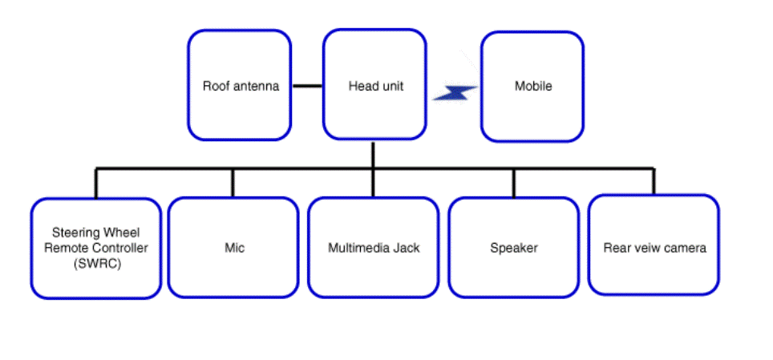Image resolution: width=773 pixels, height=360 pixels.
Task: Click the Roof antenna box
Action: [240, 85]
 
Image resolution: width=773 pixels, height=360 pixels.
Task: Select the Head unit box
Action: [374, 84]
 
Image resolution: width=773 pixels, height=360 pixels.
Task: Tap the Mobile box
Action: [532, 87]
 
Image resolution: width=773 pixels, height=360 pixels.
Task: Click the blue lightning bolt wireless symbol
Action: [455, 93]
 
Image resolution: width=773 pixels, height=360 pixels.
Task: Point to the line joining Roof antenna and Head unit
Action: [308, 86]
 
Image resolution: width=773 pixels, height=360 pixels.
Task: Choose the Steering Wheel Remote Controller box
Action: [96, 249]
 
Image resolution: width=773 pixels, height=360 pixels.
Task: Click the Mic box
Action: [233, 248]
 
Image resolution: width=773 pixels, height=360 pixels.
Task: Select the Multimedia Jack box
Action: [373, 248]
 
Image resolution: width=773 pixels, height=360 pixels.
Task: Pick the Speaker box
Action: [514, 248]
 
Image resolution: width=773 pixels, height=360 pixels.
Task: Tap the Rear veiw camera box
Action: [654, 245]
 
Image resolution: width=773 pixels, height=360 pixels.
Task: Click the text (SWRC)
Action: [96, 264]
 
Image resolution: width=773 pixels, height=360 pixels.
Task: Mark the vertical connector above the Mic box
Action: [233, 183]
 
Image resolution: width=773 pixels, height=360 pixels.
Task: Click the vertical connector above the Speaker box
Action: [514, 183]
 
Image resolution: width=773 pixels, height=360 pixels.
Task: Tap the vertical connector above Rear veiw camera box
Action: [654, 181]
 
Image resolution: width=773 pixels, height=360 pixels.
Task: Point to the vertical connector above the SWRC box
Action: [96, 184]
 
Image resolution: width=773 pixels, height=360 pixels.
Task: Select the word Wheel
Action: [122, 233]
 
